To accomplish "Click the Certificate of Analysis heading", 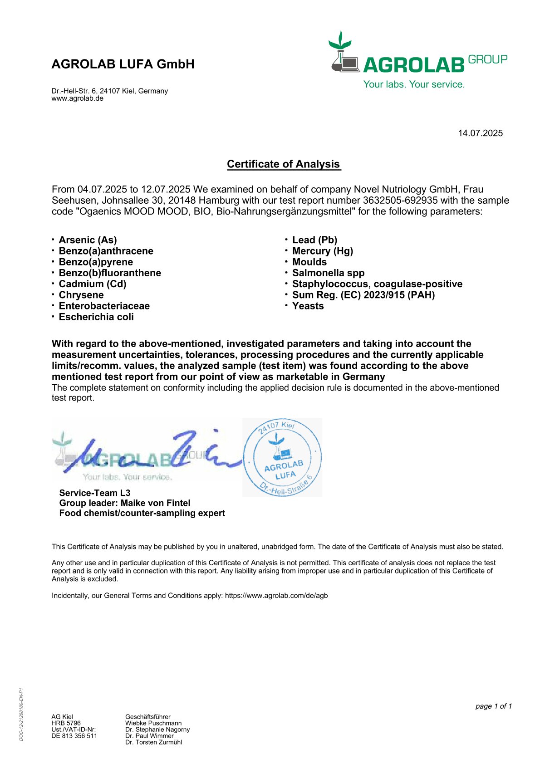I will (284, 164).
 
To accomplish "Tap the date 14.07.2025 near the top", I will (480, 133).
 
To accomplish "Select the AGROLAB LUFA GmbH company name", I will (123, 64).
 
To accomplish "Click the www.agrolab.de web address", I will (78, 98).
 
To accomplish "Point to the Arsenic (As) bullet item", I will (88, 240).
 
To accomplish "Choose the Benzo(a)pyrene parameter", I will (96, 262).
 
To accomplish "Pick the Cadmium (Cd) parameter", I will (93, 284).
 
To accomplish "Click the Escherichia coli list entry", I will (96, 317).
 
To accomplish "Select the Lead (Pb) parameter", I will (314, 240).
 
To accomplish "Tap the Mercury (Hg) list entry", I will (322, 251).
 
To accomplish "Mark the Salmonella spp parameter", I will (328, 273).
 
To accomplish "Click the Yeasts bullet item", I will (308, 306).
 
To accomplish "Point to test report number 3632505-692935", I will (400, 201).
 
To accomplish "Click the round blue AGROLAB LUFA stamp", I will (283, 457).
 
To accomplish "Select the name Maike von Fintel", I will (155, 503).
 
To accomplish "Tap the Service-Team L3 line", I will (95, 493).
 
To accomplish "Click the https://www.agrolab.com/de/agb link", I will (276, 596).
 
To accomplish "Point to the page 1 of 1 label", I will (493, 706).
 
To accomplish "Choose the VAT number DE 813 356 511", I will (74, 736).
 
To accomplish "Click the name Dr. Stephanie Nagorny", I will (157, 730).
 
